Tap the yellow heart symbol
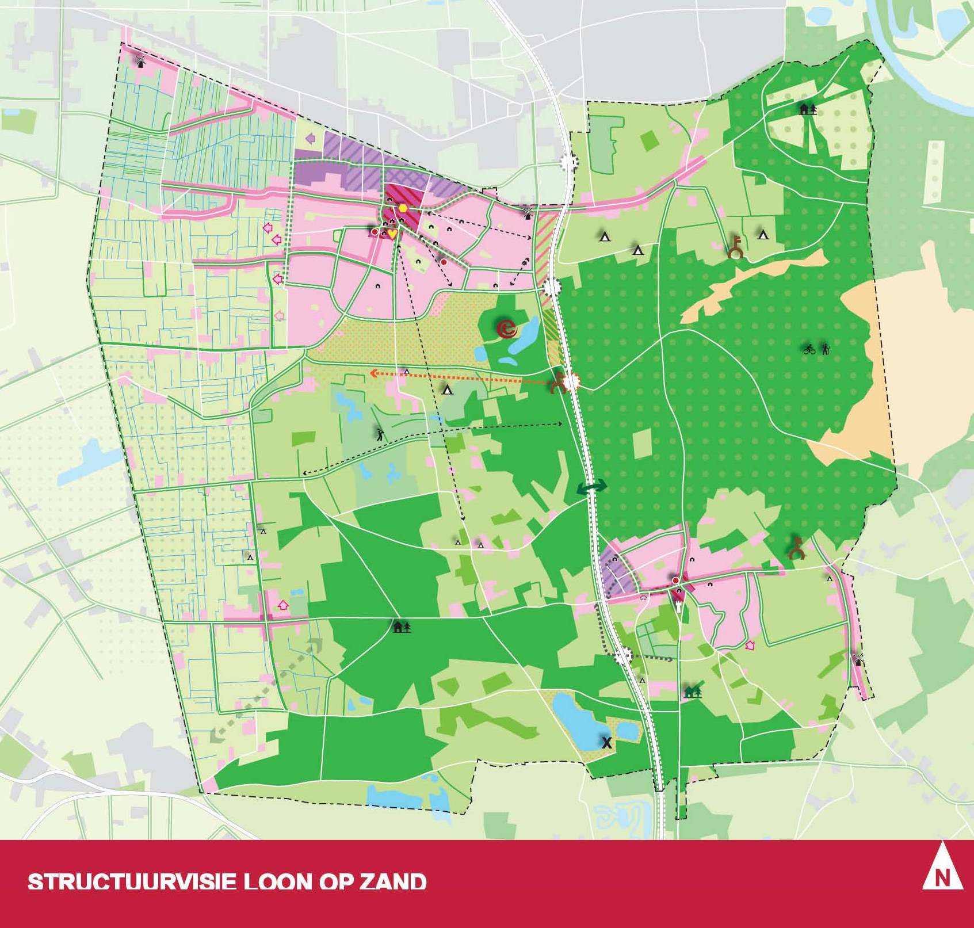pyautogui.click(x=392, y=234)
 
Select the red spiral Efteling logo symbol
pyautogui.click(x=507, y=329)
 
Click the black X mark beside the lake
pyautogui.click(x=606, y=743)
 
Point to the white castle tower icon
pyautogui.click(x=679, y=607)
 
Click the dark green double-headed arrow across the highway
pyautogui.click(x=592, y=488)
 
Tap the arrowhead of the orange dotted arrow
pyautogui.click(x=373, y=373)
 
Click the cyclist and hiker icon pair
pyautogui.click(x=817, y=349)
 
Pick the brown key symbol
pyautogui.click(x=735, y=247)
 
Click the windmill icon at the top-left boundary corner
pyautogui.click(x=139, y=60)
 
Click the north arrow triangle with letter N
pyautogui.click(x=942, y=874)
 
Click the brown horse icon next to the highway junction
pyautogui.click(x=557, y=382)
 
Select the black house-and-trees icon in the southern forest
pyautogui.click(x=402, y=627)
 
